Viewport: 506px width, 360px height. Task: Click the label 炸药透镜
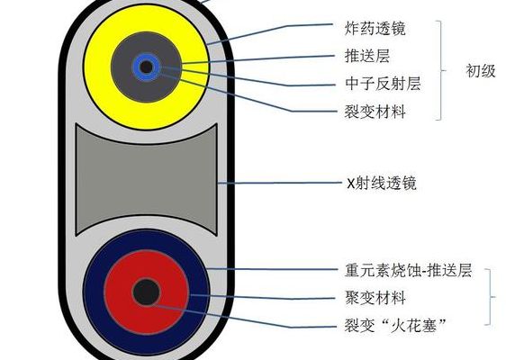pos(375,29)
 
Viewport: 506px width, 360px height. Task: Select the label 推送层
pos(367,56)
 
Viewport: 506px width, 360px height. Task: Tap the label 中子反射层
pos(383,84)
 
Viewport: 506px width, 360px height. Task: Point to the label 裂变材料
pos(375,112)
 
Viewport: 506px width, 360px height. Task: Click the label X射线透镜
pos(382,183)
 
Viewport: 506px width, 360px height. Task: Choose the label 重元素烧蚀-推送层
pos(408,270)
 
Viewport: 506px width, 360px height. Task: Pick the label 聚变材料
pos(375,297)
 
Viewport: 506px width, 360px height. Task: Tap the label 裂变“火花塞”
pos(395,325)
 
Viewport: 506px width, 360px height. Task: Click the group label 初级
pos(481,70)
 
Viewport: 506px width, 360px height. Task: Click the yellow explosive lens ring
pos(97,67)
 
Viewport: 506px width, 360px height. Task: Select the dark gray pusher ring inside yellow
pos(122,67)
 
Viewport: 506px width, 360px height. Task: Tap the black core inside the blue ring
pos(147,67)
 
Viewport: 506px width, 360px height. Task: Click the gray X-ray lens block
pos(146,179)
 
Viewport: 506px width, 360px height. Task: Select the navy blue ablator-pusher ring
pos(94,292)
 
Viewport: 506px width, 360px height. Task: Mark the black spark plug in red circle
pos(147,292)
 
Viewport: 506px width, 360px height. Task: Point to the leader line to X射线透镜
pos(279,183)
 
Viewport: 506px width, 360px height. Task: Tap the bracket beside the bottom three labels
pos(491,297)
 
